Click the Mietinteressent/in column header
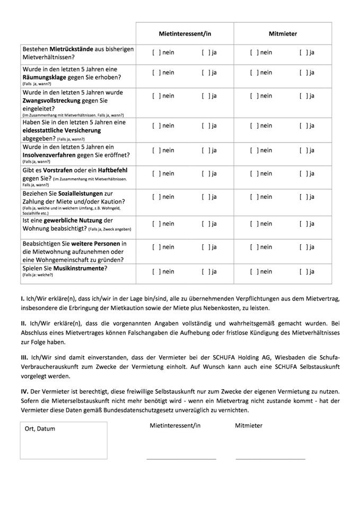tap(185, 33)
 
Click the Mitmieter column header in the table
tap(283, 33)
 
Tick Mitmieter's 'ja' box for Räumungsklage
tap(303, 73)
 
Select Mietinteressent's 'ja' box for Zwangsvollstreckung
tap(206, 96)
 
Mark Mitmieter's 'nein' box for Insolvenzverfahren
tap(254, 150)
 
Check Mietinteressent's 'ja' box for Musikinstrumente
tap(206, 271)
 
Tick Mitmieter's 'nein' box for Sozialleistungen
tap(254, 197)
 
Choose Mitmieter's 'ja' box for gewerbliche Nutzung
tap(303, 224)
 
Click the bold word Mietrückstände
tap(75, 49)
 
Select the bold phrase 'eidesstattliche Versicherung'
tap(62, 130)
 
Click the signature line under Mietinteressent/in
tap(181, 458)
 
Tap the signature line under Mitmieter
tap(270, 458)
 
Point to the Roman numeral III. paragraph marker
tap(23, 357)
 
